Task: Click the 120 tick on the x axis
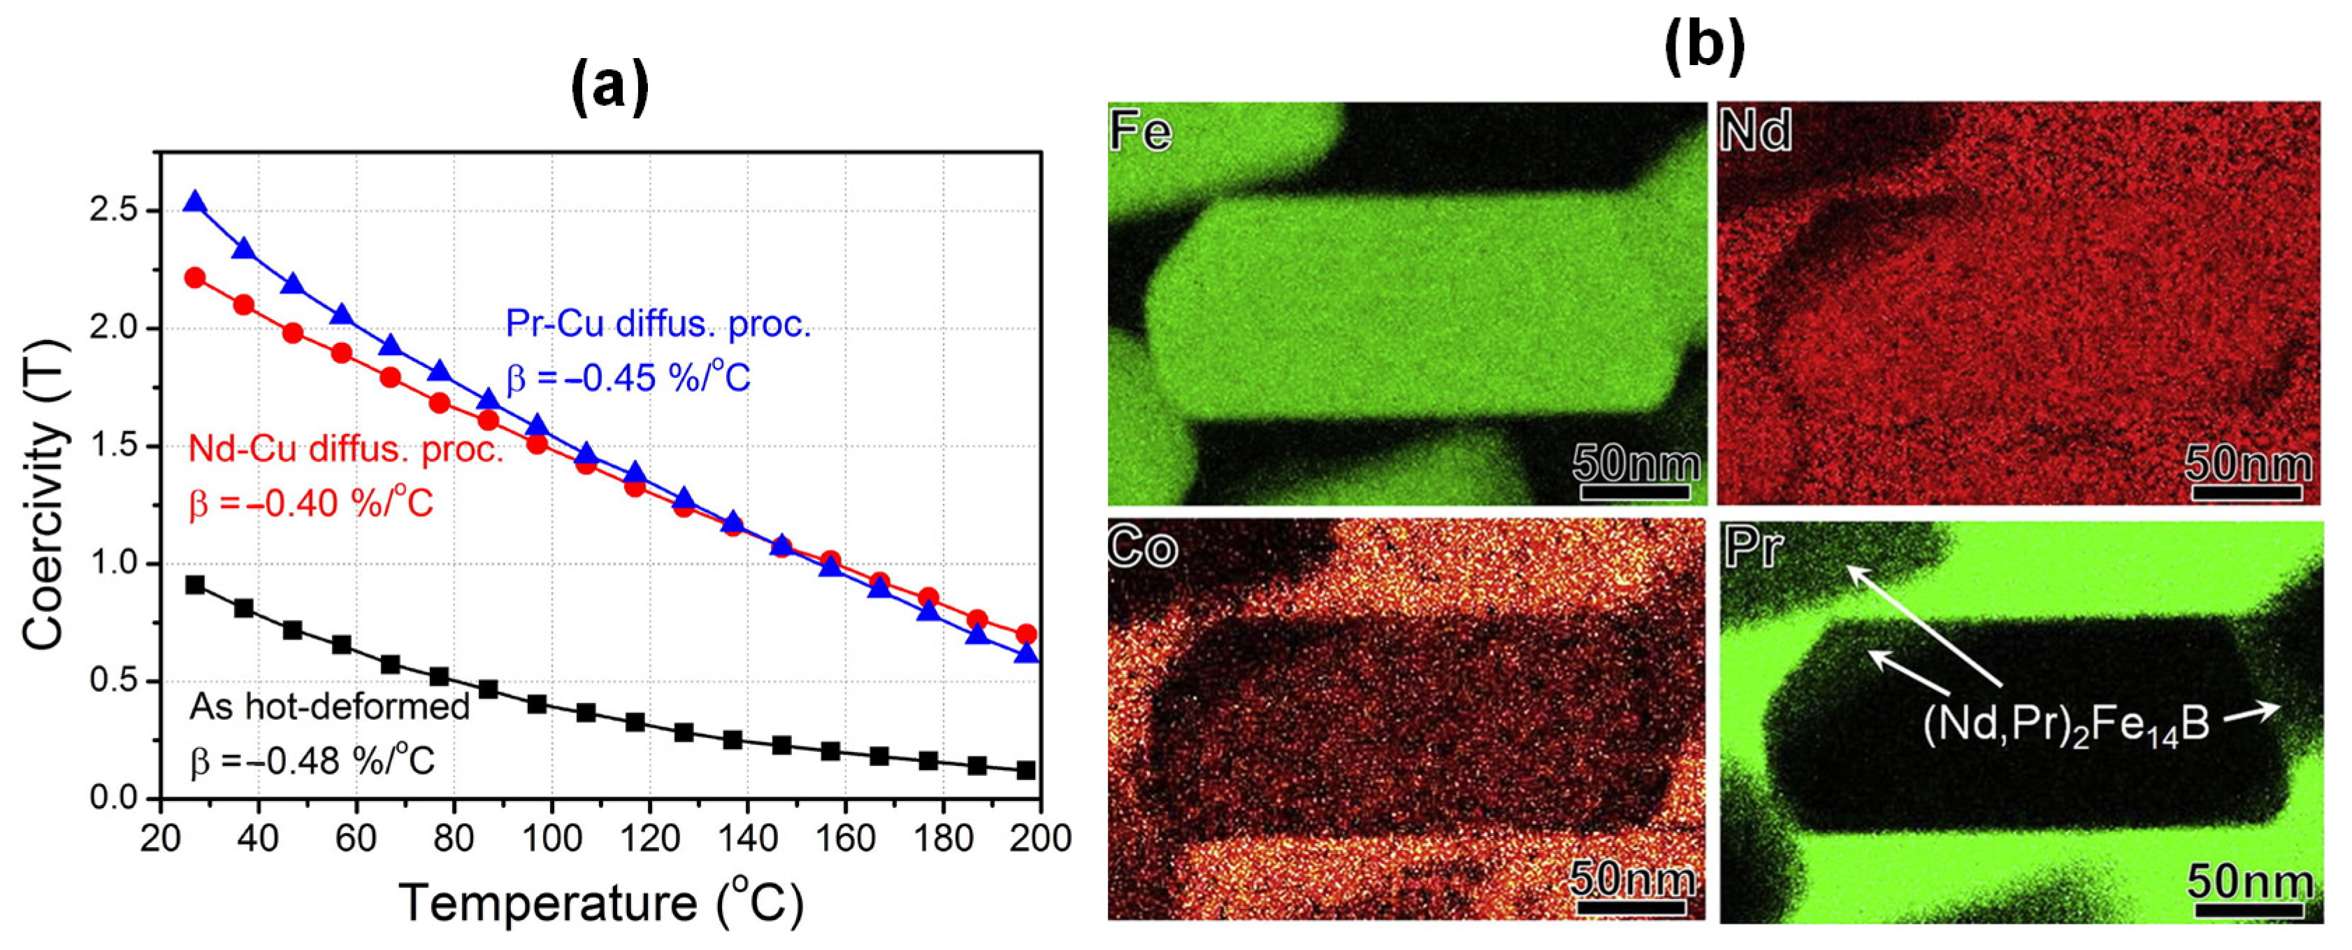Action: [x=649, y=837]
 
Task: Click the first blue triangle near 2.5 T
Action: [x=194, y=203]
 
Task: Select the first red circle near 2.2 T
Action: [x=194, y=278]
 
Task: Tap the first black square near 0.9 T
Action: [x=194, y=585]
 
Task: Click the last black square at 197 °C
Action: [x=1025, y=770]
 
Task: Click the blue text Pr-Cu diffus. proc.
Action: [x=658, y=325]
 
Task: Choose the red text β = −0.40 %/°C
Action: [x=310, y=503]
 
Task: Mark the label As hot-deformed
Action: [x=329, y=706]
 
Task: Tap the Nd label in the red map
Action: [x=1754, y=132]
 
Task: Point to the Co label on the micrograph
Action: [x=1141, y=548]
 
